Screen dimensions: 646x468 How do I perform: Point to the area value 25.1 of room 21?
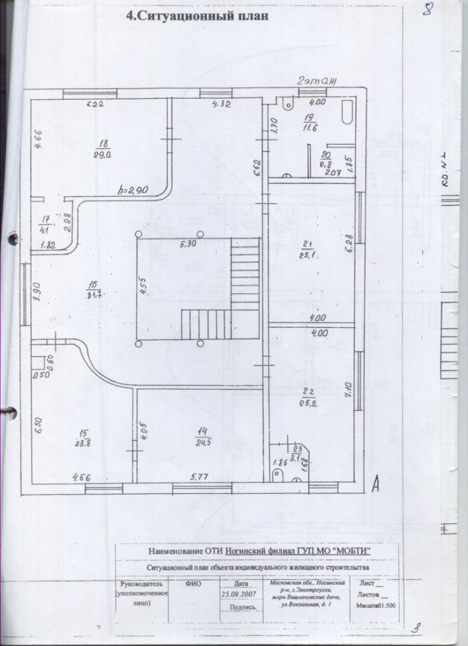(308, 256)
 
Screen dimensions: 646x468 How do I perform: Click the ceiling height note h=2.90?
(133, 191)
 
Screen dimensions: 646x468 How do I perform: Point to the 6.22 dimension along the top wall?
(96, 105)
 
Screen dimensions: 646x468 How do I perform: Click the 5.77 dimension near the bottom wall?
(200, 477)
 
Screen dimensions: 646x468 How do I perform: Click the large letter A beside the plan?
(375, 483)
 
